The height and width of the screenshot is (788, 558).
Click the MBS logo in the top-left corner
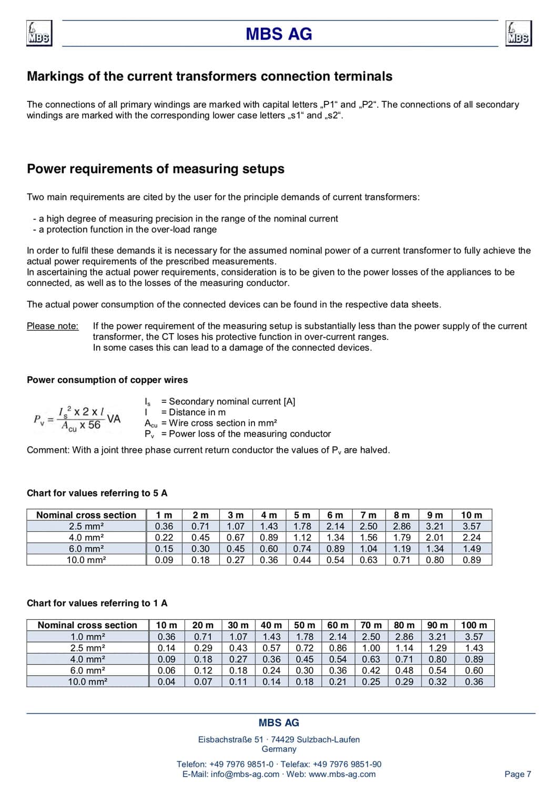pyautogui.click(x=39, y=34)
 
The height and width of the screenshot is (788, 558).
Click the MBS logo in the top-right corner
pyautogui.click(x=518, y=34)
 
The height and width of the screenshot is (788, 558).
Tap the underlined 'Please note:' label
pyautogui.click(x=53, y=326)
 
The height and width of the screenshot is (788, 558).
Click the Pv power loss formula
pyautogui.click(x=77, y=419)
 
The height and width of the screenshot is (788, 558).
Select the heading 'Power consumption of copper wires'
pyautogui.click(x=107, y=380)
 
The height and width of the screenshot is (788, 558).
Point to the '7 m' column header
pyautogui.click(x=368, y=515)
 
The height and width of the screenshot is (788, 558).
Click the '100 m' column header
pyautogui.click(x=474, y=625)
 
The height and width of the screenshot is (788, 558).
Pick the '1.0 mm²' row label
pyautogui.click(x=88, y=637)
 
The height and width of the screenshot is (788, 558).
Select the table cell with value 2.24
pyautogui.click(x=471, y=537)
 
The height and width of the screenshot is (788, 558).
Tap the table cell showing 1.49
pyautogui.click(x=471, y=548)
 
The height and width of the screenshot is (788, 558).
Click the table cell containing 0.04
pyautogui.click(x=167, y=682)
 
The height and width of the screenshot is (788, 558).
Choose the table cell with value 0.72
pyautogui.click(x=305, y=648)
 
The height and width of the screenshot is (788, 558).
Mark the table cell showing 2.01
pyautogui.click(x=435, y=537)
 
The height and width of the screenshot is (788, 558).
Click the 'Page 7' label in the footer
pyautogui.click(x=518, y=774)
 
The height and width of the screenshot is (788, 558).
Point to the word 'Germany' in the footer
pyautogui.click(x=279, y=749)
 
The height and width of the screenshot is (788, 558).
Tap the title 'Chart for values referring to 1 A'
pyautogui.click(x=97, y=603)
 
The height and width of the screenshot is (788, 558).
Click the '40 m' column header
pyautogui.click(x=271, y=625)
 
